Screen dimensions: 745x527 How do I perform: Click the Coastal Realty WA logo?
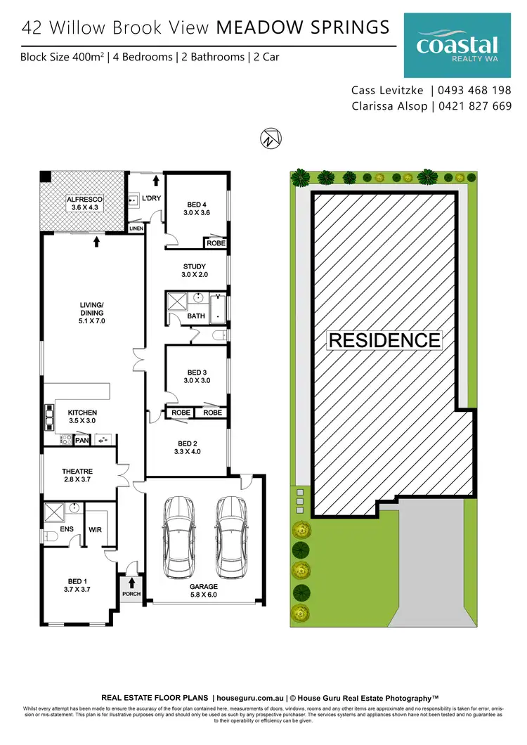pyautogui.click(x=457, y=47)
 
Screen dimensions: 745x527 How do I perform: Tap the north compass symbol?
pyautogui.click(x=269, y=138)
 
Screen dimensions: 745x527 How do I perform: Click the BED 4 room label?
pyautogui.click(x=197, y=207)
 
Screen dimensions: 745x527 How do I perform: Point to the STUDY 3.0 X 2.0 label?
pyautogui.click(x=194, y=271)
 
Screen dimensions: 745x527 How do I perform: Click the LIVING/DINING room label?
pyautogui.click(x=92, y=312)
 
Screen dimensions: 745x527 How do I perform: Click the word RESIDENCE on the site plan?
pyautogui.click(x=384, y=340)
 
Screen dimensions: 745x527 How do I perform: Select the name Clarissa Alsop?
pyautogui.click(x=391, y=106)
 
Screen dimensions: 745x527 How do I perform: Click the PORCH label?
pyautogui.click(x=131, y=594)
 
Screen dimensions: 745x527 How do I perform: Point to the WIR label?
pyautogui.click(x=95, y=530)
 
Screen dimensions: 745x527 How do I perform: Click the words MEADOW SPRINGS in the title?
pyautogui.click(x=304, y=27)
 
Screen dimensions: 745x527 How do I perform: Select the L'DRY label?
pyautogui.click(x=151, y=198)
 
